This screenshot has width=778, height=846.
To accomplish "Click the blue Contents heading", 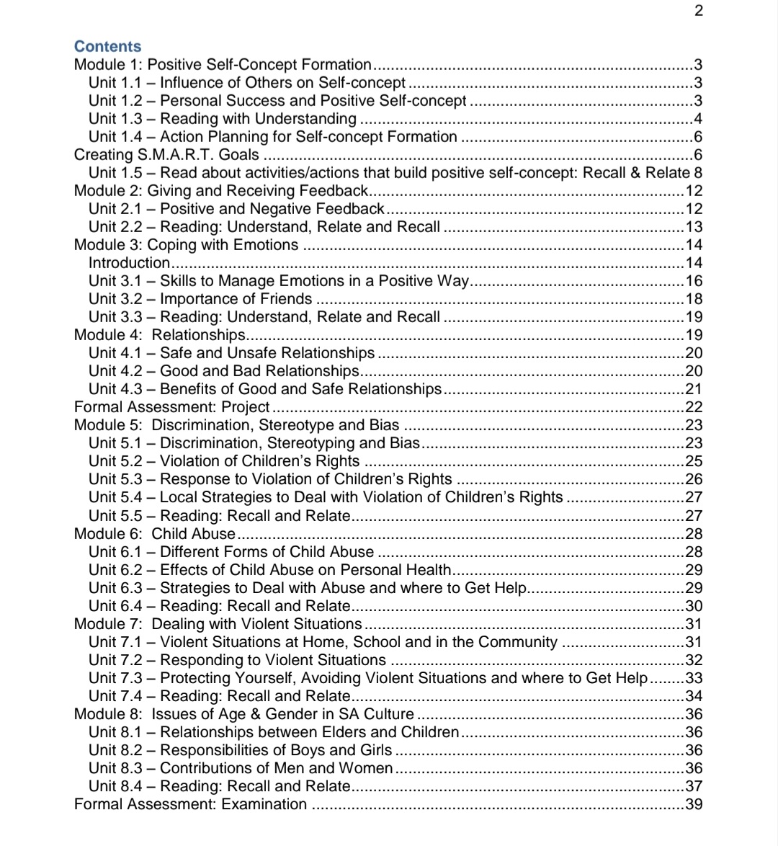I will coord(108,46).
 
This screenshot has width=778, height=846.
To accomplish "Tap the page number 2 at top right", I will coord(698,10).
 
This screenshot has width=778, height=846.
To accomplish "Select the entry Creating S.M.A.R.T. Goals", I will coord(166,154).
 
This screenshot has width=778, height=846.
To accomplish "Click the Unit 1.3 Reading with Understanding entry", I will coord(222,118).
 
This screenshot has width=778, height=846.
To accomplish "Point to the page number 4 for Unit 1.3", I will coord(697,118).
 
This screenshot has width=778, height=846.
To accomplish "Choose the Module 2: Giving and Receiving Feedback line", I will coord(221,190).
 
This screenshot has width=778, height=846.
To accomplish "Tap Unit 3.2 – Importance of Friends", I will coord(200,298).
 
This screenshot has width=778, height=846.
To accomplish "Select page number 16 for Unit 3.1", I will coord(694,280).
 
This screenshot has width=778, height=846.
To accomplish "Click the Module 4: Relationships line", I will coord(160,334).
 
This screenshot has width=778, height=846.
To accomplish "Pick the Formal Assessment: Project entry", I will coord(172,407).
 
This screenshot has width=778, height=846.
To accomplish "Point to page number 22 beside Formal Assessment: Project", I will coord(694,407).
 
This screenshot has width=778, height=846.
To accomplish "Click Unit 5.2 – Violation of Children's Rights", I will coord(224,461).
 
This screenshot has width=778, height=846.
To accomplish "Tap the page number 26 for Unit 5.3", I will coord(694,479).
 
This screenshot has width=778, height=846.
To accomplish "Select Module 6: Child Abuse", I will coord(155,534).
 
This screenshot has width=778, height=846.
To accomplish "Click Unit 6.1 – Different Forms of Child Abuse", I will coord(231,552).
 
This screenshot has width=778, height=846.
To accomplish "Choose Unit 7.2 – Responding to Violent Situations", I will coord(237,660).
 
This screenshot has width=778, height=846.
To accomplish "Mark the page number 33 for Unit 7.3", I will coord(694,678).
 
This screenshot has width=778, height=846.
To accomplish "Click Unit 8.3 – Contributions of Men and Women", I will coord(241,768).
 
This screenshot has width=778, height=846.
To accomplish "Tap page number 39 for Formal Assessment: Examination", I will coord(694,804).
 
